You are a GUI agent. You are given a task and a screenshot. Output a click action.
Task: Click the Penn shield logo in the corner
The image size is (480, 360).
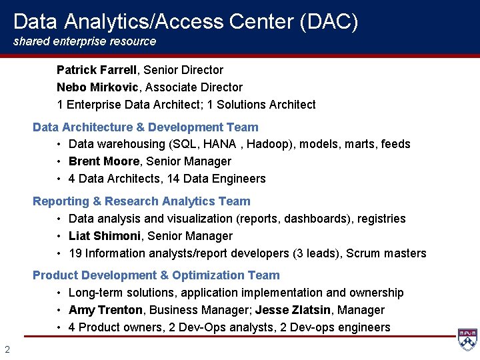467,340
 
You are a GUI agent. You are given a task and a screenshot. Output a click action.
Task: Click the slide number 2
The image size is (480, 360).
7,349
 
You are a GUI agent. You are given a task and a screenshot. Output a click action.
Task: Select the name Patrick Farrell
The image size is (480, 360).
97,70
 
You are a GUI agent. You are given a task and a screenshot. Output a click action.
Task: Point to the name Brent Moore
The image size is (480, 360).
104,161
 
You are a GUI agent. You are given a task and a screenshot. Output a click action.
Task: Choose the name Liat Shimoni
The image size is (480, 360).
105,236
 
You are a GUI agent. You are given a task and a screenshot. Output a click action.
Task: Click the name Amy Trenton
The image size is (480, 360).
105,310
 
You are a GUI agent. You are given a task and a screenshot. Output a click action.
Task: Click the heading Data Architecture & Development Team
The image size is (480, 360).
145,127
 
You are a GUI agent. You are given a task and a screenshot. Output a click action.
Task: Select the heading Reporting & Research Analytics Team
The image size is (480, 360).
141,201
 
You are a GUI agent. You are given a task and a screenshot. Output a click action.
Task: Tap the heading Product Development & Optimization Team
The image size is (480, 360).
156,275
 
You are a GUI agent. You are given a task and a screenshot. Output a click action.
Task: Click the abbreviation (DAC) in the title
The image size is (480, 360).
329,22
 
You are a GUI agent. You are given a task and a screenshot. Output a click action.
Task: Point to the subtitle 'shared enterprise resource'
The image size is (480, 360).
85,41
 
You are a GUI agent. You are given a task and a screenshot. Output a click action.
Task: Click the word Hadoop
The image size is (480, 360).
267,144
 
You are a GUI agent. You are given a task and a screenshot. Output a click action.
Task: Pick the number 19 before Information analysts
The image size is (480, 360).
75,253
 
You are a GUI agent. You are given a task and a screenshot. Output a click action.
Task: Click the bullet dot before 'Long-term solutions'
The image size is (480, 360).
59,293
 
